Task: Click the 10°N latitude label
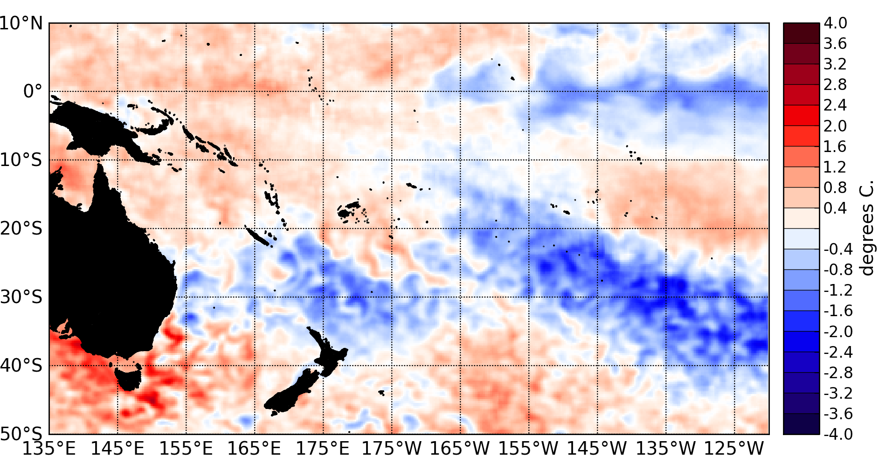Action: tap(21, 23)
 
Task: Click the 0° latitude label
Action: tap(33, 91)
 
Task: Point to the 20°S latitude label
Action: tap(21, 228)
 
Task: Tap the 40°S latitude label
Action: tap(21, 365)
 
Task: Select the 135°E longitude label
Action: tap(49, 448)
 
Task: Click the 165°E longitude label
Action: tap(255, 448)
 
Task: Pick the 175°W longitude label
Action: tap(392, 448)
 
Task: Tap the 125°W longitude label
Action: tap(734, 448)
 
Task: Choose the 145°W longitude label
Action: tap(597, 448)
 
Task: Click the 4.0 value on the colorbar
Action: tap(835, 23)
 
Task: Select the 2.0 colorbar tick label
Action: tap(835, 126)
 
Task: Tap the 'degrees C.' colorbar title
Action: tap(867, 228)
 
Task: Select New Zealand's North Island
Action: tap(329, 354)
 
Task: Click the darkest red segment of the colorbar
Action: tap(801, 33)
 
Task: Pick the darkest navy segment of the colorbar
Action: tap(801, 424)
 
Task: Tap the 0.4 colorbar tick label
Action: tap(835, 208)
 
